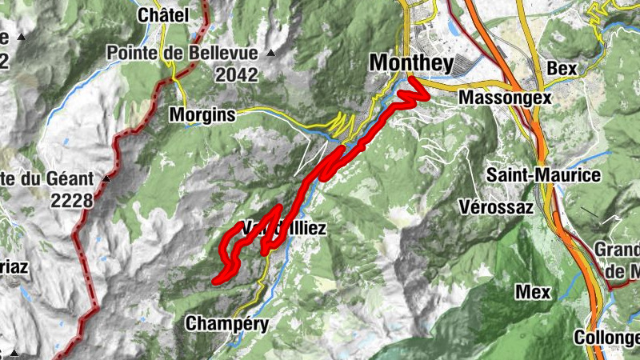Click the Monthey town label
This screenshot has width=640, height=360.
[x=411, y=63]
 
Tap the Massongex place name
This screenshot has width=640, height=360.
[x=506, y=97]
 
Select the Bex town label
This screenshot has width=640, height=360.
[x=562, y=69]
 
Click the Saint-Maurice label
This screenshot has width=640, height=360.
[x=543, y=174]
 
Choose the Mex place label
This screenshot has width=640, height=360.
[x=533, y=292]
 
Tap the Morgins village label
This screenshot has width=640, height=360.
[x=202, y=115]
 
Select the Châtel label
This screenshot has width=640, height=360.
[x=163, y=15]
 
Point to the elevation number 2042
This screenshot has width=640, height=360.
[x=237, y=75]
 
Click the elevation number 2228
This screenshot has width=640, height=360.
[x=72, y=200]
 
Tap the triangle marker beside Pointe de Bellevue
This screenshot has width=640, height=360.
[x=270, y=54]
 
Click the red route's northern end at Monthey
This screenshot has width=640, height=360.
[x=410, y=80]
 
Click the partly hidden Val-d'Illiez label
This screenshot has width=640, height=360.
[x=284, y=229]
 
